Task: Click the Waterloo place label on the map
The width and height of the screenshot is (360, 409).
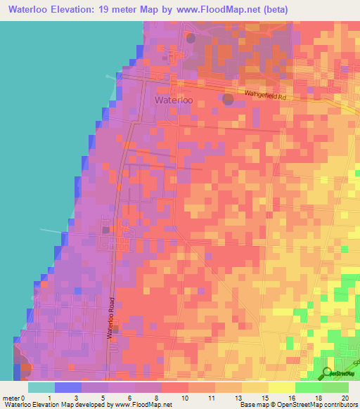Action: [173, 100]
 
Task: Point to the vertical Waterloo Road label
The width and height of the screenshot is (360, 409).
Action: [110, 318]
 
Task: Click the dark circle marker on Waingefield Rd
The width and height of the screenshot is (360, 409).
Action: [228, 100]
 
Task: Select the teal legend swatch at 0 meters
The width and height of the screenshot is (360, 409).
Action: [41, 387]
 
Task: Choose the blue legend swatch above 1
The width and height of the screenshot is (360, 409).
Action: [68, 387]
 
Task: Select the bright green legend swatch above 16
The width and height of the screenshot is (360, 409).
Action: [309, 387]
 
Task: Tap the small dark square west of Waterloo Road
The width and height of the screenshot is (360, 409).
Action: [105, 229]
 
